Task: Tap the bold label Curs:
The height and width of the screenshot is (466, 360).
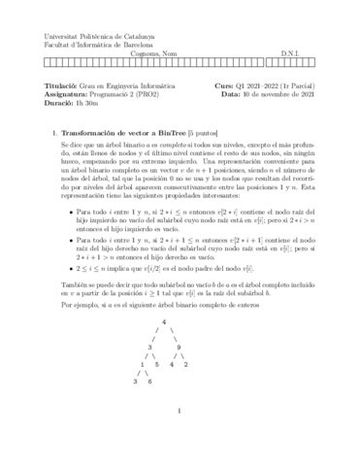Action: click(x=224, y=85)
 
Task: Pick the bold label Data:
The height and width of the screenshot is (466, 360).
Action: click(x=225, y=95)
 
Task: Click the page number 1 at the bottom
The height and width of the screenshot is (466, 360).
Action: click(x=180, y=438)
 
